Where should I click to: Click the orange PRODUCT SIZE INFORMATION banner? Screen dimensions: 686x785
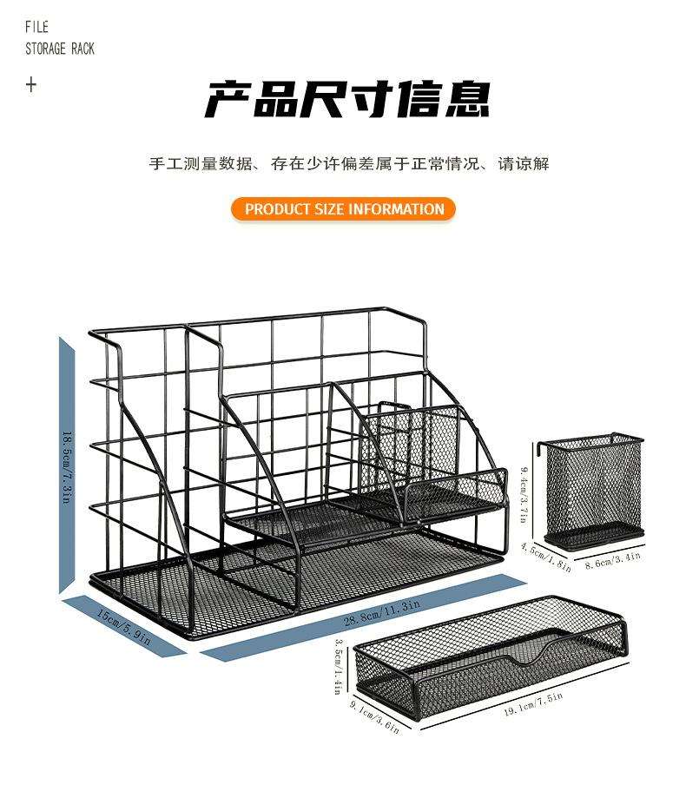coord(344,209)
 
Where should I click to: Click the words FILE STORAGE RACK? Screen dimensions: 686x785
coord(59,39)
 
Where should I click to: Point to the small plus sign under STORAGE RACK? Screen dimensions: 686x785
coord(31,85)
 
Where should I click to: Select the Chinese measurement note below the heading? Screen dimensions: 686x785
coord(348,164)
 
